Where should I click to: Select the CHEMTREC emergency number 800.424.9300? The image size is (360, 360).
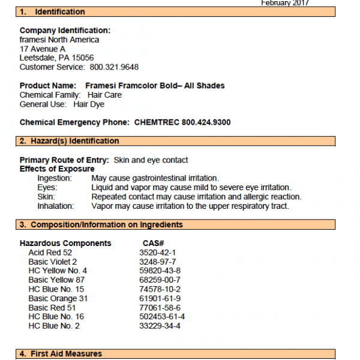tap(206, 122)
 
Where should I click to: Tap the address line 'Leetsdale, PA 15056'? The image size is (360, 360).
tap(56, 58)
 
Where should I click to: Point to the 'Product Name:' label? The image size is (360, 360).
tap(48, 86)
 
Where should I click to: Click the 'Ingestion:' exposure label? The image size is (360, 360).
tap(55, 178)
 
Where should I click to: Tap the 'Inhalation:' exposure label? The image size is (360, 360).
tap(56, 206)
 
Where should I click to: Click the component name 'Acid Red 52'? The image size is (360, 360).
tap(49, 253)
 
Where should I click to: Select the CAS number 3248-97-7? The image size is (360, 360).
tap(158, 262)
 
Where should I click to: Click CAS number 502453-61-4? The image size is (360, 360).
tap(162, 317)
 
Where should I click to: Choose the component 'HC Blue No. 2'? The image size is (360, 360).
tap(54, 326)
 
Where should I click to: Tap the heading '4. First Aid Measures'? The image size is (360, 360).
tap(61, 353)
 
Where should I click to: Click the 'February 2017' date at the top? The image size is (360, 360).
tap(285, 3)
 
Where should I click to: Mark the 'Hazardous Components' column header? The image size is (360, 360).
tap(65, 243)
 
